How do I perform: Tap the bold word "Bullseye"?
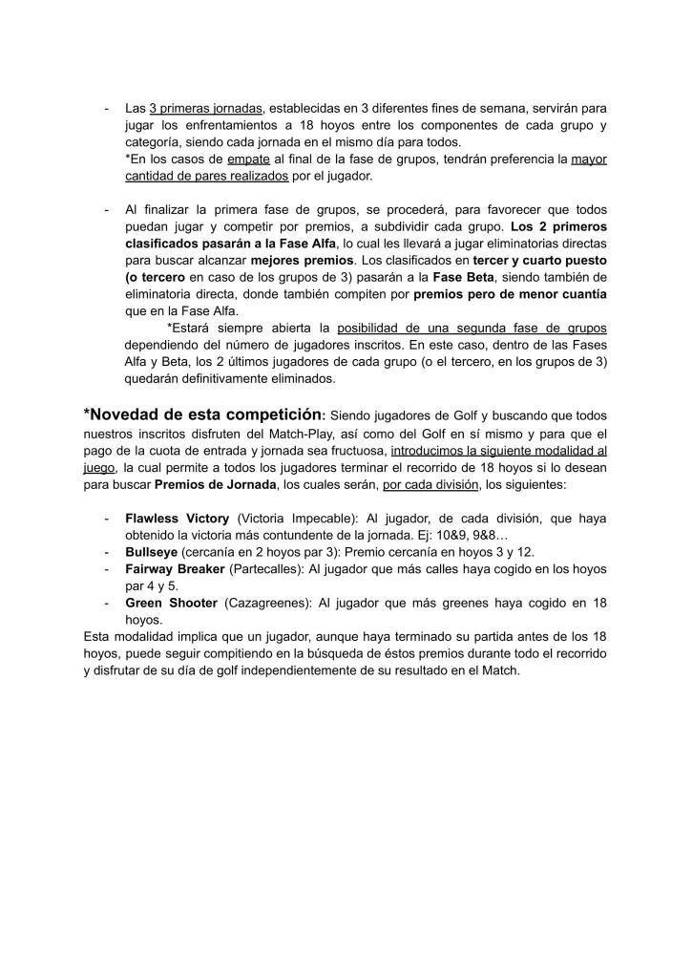[152, 553]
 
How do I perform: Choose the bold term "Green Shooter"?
[170, 604]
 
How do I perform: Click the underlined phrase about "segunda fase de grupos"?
[472, 328]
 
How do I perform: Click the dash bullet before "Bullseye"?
[105, 553]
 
